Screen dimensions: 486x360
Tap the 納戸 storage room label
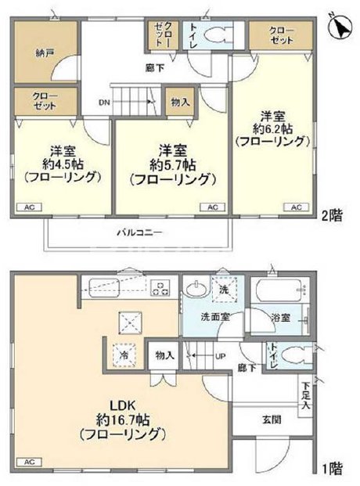[45, 54]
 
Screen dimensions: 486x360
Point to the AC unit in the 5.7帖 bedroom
[211, 207]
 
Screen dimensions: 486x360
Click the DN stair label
[104, 102]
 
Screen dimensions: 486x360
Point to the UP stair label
[221, 356]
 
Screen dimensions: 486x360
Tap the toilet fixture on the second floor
[216, 36]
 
